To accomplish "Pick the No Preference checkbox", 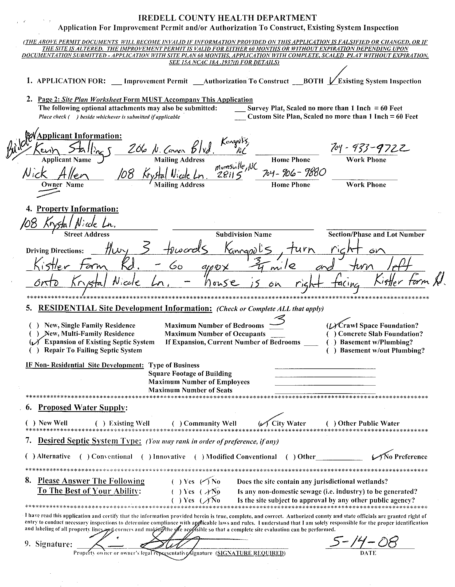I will (377, 457).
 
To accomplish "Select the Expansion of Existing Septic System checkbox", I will (34, 342).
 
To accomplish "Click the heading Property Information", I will (77, 209).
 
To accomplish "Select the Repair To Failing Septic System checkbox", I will (34, 351).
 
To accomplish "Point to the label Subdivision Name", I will (244, 234).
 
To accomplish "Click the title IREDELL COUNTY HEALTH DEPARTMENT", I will (227, 18).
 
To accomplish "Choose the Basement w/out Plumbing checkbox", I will (331, 351).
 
